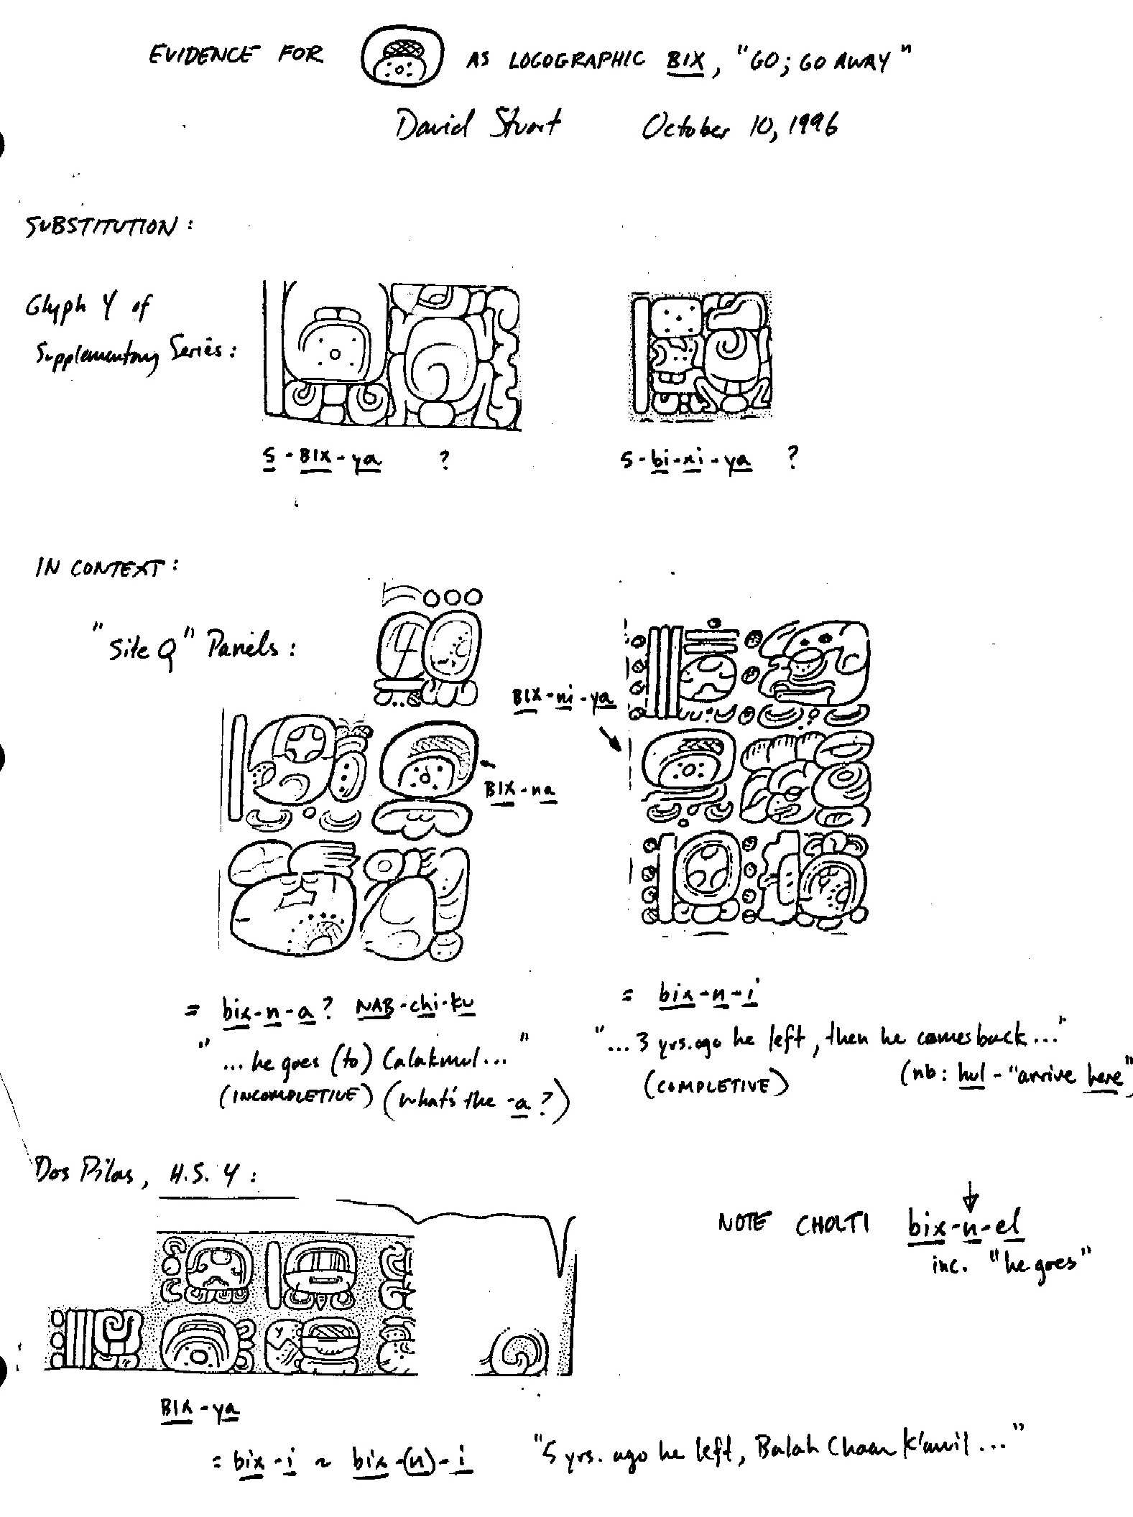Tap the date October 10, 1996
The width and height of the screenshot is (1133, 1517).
pos(739,129)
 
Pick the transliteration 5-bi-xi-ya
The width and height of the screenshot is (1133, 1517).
pos(686,460)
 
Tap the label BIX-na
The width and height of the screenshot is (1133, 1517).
pos(521,789)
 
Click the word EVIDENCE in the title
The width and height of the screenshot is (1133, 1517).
pos(200,55)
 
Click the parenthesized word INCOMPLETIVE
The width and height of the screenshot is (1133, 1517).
pos(296,1100)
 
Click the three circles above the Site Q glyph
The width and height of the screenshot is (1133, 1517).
pos(453,597)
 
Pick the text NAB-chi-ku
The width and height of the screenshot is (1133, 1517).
pos(416,1006)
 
